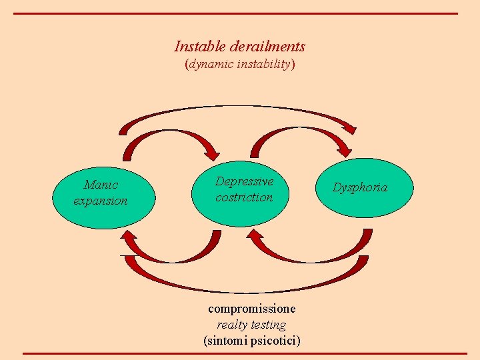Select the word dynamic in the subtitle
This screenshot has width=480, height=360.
click(x=211, y=65)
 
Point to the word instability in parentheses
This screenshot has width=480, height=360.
click(x=263, y=65)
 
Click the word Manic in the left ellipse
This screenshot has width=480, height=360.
click(x=101, y=185)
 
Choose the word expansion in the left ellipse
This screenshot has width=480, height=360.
click(x=101, y=201)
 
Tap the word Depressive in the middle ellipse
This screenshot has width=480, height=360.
click(x=244, y=181)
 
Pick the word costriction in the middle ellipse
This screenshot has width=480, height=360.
click(x=244, y=197)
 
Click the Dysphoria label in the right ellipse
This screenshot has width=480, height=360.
click(x=360, y=188)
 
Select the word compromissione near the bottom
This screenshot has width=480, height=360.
click(x=252, y=309)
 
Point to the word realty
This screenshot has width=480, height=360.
click(x=231, y=325)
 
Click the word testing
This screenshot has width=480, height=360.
click(x=268, y=325)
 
